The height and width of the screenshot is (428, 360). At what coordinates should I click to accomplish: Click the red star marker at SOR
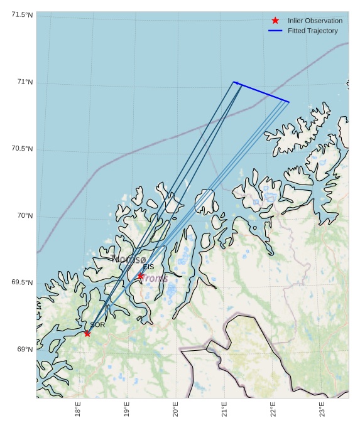(87, 333)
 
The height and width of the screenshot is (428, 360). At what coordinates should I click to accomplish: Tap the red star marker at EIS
(141, 276)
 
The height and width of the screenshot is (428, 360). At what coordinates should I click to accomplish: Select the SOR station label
(97, 325)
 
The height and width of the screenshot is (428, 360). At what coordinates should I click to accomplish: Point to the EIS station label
(148, 267)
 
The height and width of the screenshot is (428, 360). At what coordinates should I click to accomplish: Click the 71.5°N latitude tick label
(22, 14)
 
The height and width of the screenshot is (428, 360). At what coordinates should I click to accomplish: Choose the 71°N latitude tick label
(25, 82)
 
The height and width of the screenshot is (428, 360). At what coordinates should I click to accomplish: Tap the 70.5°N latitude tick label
(22, 149)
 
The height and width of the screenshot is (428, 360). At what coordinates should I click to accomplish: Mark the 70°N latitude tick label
(25, 216)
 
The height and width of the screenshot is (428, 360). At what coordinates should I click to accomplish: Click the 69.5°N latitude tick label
(22, 282)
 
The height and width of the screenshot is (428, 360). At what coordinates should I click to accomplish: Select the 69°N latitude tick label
(25, 350)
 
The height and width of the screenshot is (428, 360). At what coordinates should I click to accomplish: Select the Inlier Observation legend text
(315, 21)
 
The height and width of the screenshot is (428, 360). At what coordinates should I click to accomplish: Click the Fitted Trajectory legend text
(312, 31)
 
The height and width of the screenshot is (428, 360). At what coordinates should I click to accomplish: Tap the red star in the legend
(275, 21)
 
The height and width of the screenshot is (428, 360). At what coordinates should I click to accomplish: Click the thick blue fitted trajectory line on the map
(261, 92)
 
